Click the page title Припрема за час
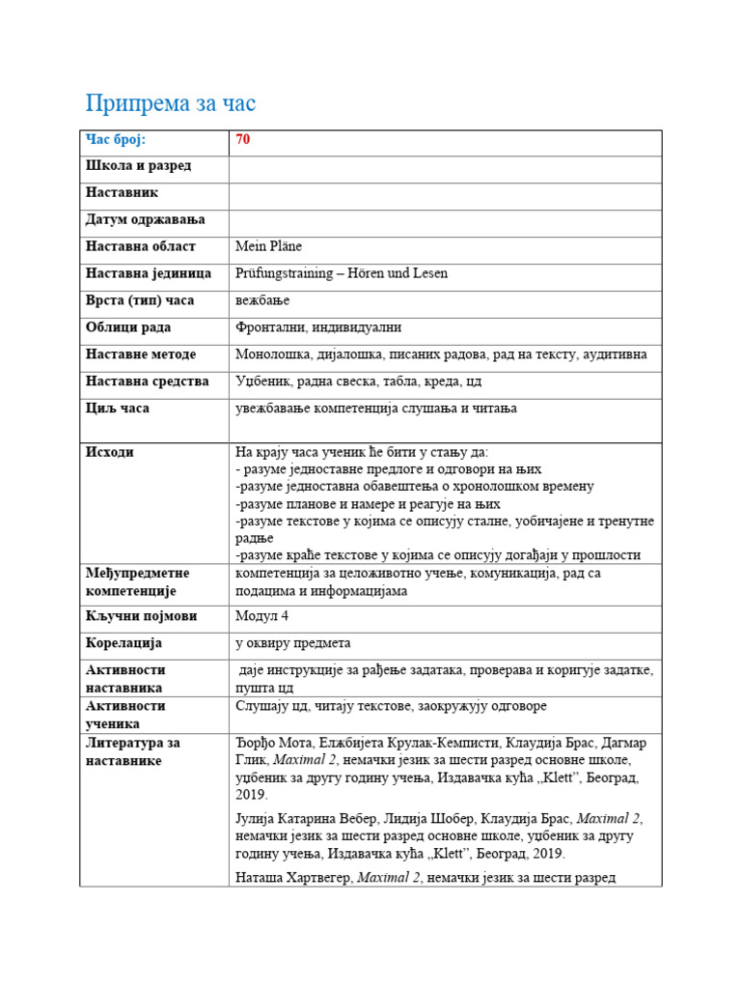pyautogui.click(x=171, y=103)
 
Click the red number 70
pyautogui.click(x=242, y=140)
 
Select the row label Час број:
pyautogui.click(x=115, y=140)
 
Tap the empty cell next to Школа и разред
pyautogui.click(x=445, y=169)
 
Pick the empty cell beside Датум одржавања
pyautogui.click(x=445, y=223)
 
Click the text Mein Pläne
pyautogui.click(x=269, y=247)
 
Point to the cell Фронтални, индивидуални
pyautogui.click(x=318, y=328)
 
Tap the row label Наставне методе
pyautogui.click(x=141, y=354)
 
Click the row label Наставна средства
pyautogui.click(x=147, y=381)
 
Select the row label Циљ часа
pyautogui.click(x=118, y=409)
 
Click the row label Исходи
pyautogui.click(x=110, y=452)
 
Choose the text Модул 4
pyautogui.click(x=261, y=616)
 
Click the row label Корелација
pyautogui.click(x=123, y=643)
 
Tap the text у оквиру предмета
pyautogui.click(x=293, y=643)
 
